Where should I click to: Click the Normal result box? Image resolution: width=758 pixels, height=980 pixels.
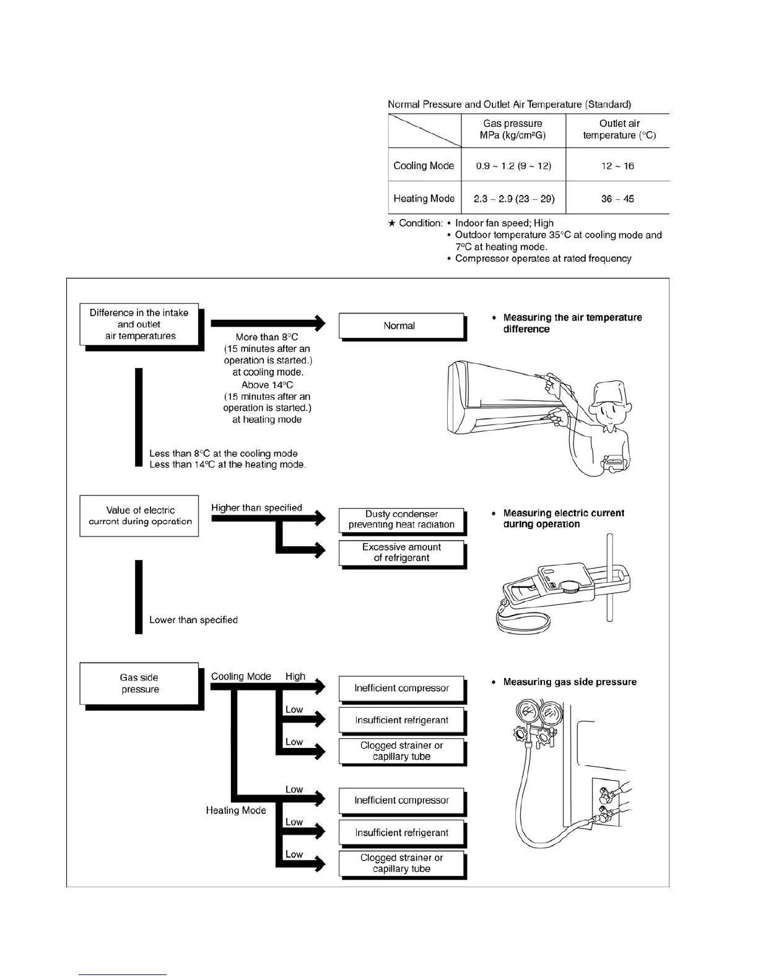coord(401,325)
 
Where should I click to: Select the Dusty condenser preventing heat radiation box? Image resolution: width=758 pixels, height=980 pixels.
coord(401,520)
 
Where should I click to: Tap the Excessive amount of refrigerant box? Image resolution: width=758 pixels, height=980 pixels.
coord(401,552)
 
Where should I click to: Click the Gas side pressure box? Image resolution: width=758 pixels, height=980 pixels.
coord(139,684)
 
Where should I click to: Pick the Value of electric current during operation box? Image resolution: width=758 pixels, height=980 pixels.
coord(139,515)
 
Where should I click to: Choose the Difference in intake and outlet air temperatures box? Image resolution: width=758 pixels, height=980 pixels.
coord(139,324)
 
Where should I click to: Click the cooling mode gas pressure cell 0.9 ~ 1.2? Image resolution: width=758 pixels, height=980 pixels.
coord(513,166)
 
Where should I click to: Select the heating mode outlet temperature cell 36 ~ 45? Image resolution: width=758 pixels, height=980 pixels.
coord(617,199)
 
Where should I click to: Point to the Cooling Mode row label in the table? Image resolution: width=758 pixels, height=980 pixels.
coord(424,166)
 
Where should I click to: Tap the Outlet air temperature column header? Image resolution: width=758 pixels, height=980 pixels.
coord(619,129)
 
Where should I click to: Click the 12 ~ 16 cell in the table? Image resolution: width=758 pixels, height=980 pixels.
coord(617,166)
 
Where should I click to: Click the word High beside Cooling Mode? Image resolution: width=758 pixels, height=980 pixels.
coord(295,676)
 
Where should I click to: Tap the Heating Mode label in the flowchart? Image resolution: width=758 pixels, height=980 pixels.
coord(236,810)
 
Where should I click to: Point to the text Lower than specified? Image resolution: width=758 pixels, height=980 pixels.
coord(193,620)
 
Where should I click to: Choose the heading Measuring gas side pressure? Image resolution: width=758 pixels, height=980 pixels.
coord(570,682)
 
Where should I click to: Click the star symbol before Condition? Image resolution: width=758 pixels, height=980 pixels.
coord(391,223)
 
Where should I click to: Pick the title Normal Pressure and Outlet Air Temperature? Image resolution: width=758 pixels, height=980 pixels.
coord(509,104)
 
